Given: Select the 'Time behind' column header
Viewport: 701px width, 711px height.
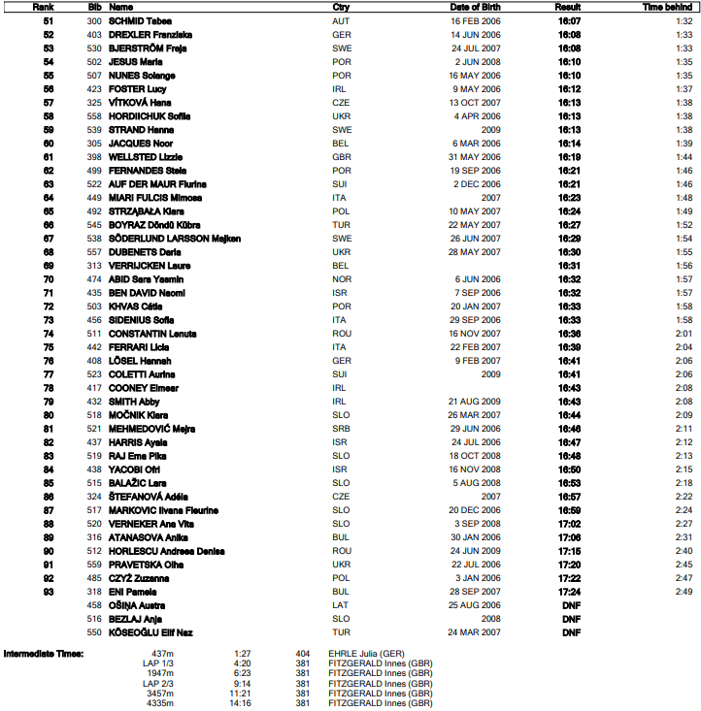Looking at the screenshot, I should pos(665,6).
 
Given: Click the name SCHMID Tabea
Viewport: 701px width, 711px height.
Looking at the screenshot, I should pos(148,19).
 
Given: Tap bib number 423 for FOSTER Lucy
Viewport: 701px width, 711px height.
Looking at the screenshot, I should pos(94,88).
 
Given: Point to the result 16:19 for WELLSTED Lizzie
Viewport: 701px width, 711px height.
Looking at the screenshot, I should pos(569,156).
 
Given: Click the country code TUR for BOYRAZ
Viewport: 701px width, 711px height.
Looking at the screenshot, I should pos(341,224).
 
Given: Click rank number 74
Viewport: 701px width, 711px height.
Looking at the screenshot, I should pos(50,333).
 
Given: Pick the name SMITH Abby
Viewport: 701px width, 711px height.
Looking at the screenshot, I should pos(134,401).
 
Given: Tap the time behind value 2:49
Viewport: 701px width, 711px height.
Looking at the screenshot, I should pos(684,591).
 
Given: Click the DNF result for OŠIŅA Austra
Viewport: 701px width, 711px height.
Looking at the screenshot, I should pos(571,604).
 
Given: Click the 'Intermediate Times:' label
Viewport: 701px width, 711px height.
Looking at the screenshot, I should pos(44,653).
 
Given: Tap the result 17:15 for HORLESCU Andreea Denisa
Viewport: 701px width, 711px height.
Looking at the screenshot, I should pos(569,550).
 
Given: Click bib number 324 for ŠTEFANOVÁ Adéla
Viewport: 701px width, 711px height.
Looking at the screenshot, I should pos(94,496).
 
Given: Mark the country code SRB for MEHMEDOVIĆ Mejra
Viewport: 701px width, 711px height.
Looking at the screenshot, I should pos(341,428).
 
